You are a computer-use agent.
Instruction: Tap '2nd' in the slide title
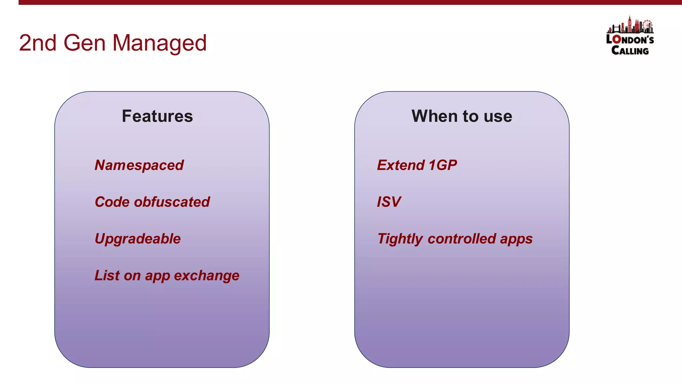tap(37, 43)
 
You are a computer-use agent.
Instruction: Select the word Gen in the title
tap(84, 43)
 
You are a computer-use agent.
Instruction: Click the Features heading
tap(157, 116)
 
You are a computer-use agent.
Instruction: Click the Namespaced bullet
tap(139, 165)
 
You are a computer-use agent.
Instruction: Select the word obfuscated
tap(172, 202)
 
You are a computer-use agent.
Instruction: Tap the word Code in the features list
tap(112, 202)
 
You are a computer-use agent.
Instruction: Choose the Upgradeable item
tap(138, 239)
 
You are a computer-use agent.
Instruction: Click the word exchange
tap(206, 276)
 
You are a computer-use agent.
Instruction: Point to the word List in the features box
tap(107, 276)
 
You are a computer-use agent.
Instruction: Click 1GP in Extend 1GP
tap(443, 165)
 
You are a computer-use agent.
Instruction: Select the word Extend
tap(401, 165)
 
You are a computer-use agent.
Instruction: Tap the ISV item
tap(389, 202)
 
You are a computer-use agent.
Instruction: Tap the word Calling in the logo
tap(630, 51)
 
